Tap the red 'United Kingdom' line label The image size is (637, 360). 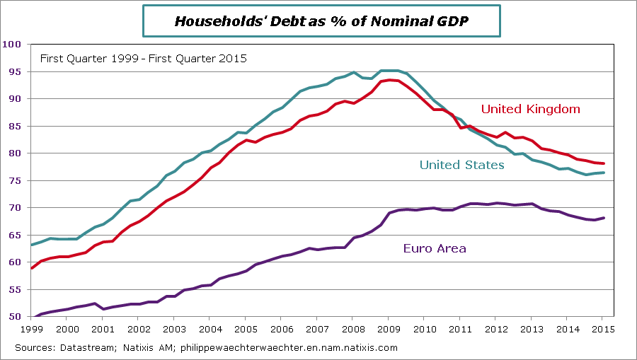click(x=530, y=109)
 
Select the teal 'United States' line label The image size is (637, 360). click(x=461, y=165)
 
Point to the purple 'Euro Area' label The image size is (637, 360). click(x=435, y=248)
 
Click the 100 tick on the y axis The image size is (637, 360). click(x=13, y=45)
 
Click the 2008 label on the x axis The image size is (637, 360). click(x=352, y=329)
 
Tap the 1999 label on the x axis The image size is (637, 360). click(x=31, y=329)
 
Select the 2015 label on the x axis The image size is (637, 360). click(x=603, y=329)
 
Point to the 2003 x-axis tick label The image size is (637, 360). click(x=174, y=329)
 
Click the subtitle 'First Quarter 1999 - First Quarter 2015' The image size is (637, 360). click(x=143, y=59)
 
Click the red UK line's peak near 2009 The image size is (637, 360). click(x=390, y=80)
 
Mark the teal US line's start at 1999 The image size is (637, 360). click(x=32, y=245)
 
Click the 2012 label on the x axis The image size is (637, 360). click(x=495, y=329)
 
